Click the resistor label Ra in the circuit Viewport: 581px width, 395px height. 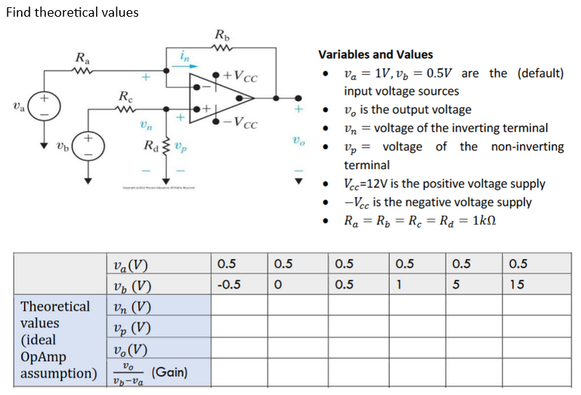tap(83, 57)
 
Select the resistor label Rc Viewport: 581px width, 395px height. tap(126, 96)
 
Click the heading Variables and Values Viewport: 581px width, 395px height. tap(375, 55)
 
